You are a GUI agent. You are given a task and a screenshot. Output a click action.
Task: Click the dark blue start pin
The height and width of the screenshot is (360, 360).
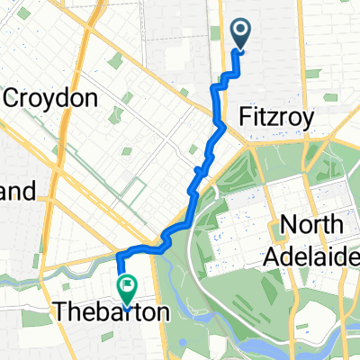tap(242, 34)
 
